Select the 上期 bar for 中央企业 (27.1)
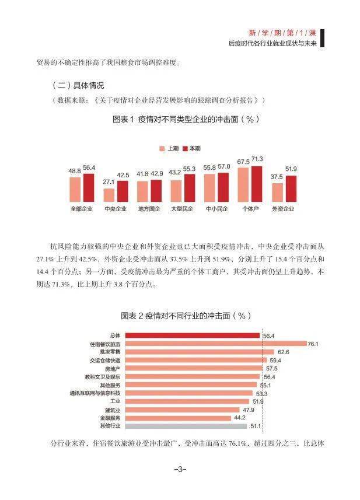click(109, 191)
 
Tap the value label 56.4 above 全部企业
click(89, 168)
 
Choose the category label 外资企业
click(284, 208)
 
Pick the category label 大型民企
click(183, 208)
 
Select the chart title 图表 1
click(186, 119)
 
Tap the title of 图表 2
click(186, 315)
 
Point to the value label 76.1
click(313, 344)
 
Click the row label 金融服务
click(110, 418)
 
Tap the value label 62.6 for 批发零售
click(283, 352)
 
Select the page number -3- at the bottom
click(180, 469)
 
